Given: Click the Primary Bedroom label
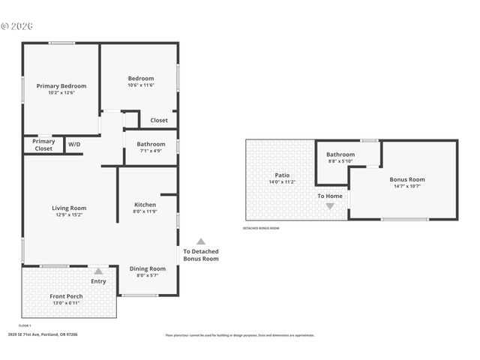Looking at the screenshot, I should coord(61,85).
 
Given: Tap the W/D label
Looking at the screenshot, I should coord(74,144).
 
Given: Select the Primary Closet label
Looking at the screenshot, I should coord(43,145).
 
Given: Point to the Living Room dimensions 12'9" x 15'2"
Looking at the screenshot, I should coord(69,214).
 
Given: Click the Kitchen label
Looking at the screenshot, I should coord(145,205).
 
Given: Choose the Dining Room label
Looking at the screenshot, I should coord(148,268).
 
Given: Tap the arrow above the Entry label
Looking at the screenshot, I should coord(98,271).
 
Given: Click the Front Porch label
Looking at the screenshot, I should coord(66,296).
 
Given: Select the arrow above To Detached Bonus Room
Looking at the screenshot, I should coord(201,241).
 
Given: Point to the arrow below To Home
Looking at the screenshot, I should coord(330,205).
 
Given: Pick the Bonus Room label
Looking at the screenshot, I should coord(406,179).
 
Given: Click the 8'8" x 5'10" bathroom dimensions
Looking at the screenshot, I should coord(340,161).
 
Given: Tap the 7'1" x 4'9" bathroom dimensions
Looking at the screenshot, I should coord(151,151).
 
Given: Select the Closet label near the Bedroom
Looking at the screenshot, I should coord(159,120).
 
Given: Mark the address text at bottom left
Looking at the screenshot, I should coord(43,334).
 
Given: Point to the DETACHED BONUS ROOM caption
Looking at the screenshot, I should coord(261,228).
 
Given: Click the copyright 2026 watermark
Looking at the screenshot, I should coord(16,26).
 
